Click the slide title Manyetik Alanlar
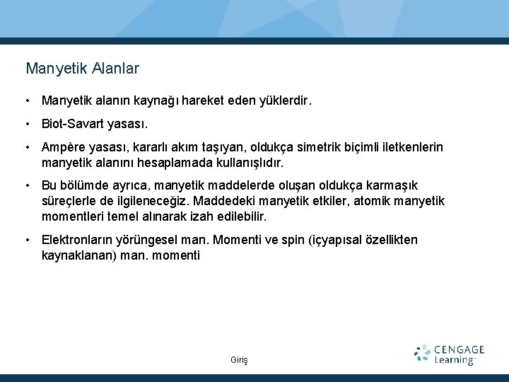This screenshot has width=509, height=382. pyautogui.click(x=82, y=69)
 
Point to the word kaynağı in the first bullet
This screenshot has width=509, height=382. pyautogui.click(x=161, y=101)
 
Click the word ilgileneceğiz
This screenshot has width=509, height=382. pyautogui.click(x=151, y=200)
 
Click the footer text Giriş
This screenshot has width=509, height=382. pyautogui.click(x=240, y=360)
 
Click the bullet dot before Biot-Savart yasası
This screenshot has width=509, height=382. pyautogui.click(x=26, y=124)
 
